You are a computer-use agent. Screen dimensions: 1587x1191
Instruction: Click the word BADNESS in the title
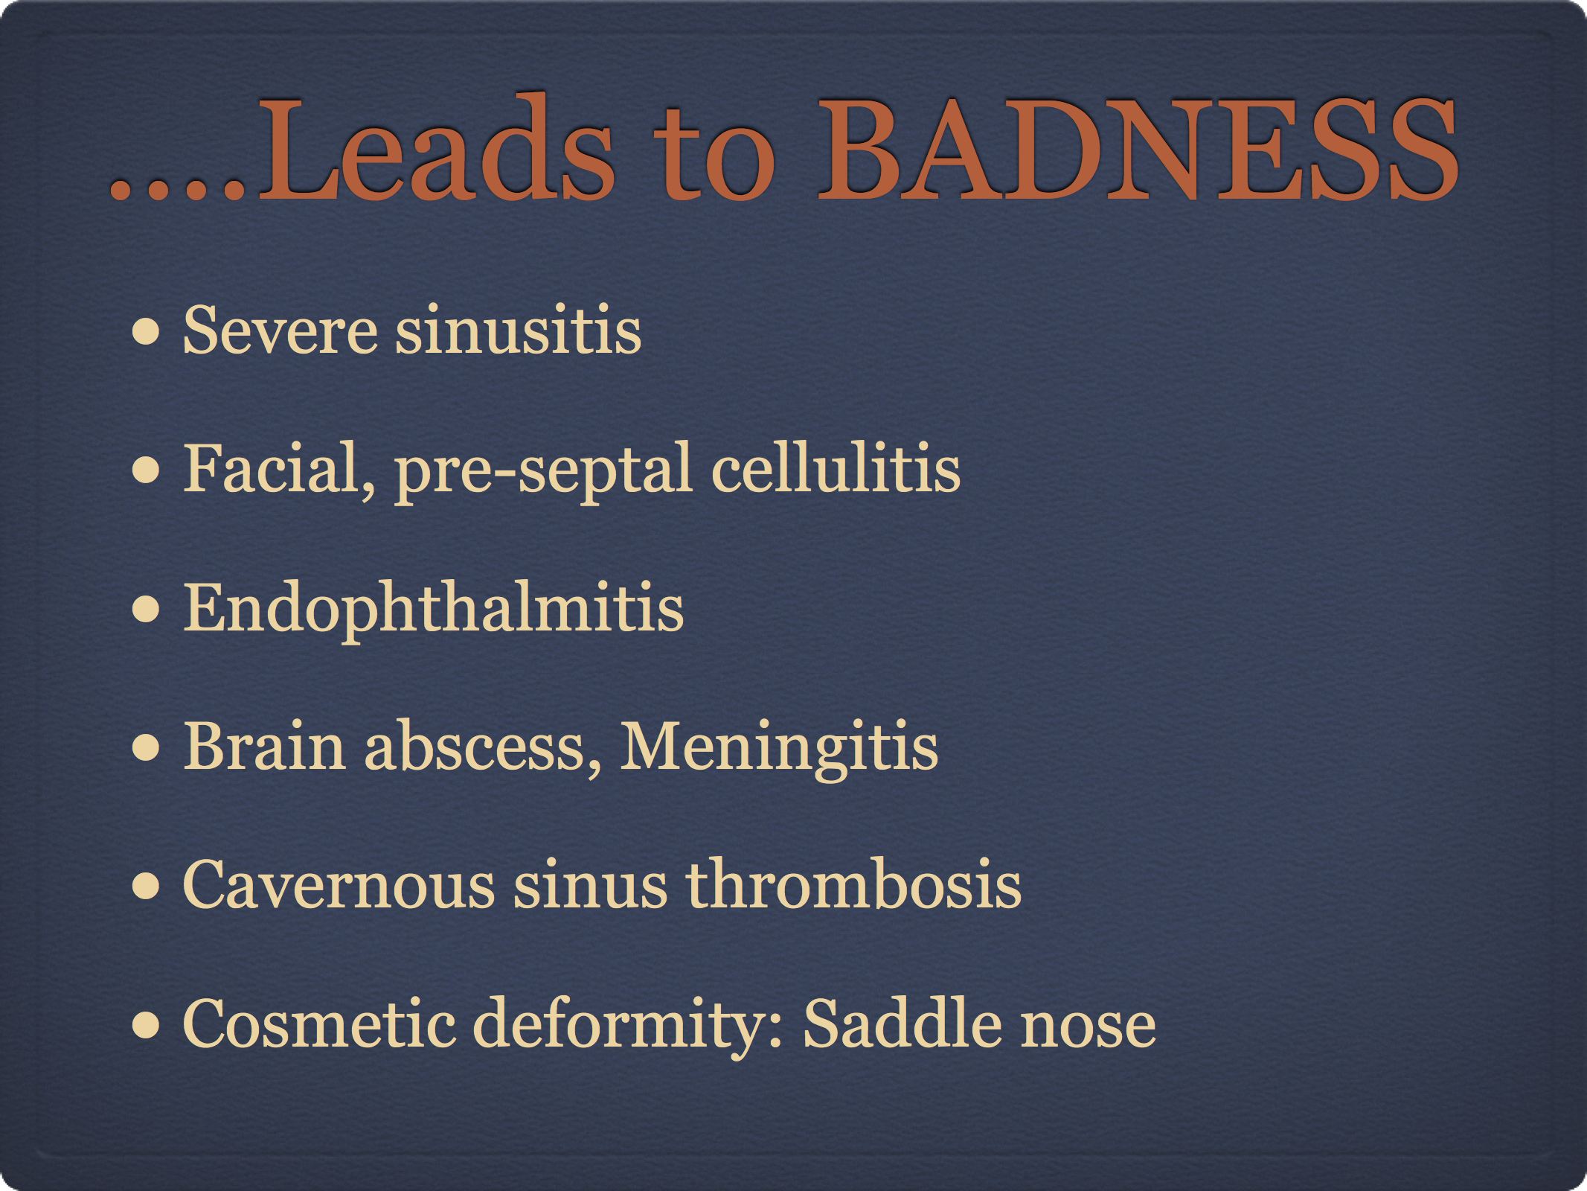1138,149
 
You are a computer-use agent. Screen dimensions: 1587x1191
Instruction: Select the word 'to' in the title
715,156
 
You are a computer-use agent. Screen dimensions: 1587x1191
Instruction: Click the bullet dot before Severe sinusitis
146,332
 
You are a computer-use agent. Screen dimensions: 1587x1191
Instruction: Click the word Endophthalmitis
433,609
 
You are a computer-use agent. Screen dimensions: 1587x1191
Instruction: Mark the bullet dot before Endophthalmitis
146,609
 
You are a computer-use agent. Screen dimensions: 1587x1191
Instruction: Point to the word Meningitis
779,748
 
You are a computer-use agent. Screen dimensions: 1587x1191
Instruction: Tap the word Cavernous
339,885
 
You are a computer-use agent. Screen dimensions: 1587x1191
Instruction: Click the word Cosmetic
319,1024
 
